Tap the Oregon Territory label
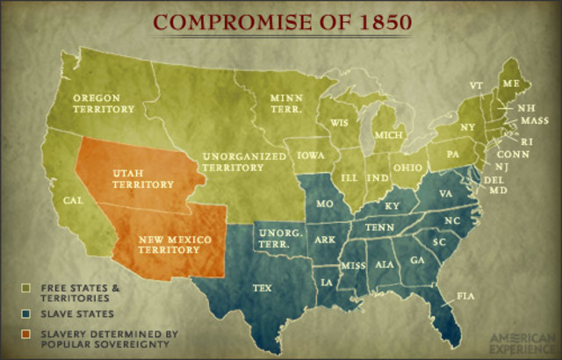pyautogui.click(x=103, y=103)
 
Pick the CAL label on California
pyautogui.click(x=73, y=200)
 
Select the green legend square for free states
pyautogui.click(x=28, y=287)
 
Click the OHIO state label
pyautogui.click(x=407, y=167)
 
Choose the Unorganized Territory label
pyautogui.click(x=244, y=161)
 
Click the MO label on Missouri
pyautogui.click(x=324, y=204)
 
